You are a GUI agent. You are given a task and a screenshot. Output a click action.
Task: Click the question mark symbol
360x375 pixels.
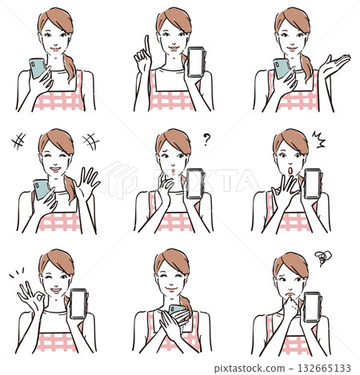[x=206, y=138]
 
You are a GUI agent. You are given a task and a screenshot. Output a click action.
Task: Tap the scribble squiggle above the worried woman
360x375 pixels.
[x=322, y=258]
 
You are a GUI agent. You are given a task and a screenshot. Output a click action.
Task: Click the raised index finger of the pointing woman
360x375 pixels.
[x=145, y=45]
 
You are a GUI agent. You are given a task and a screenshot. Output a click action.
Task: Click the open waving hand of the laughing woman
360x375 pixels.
[x=88, y=183]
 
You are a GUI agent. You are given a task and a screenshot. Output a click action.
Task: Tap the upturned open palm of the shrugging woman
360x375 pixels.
[x=335, y=66]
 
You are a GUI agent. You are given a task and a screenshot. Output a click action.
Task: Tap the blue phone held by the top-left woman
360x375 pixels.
[x=37, y=67]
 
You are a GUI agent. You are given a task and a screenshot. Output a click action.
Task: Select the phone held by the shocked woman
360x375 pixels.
[x=312, y=183]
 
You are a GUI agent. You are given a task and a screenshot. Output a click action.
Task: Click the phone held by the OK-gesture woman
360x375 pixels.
[x=78, y=303]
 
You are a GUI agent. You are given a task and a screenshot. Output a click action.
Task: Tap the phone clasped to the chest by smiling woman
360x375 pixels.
[x=178, y=313]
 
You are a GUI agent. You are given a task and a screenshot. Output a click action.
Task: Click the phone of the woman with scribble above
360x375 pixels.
[x=311, y=307]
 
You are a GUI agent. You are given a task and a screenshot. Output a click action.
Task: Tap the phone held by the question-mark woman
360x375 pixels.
[x=194, y=183]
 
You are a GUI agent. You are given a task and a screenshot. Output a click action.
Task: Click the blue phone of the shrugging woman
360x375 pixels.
[x=282, y=68]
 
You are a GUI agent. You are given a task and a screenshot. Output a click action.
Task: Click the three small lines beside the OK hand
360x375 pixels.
[x=16, y=273]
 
